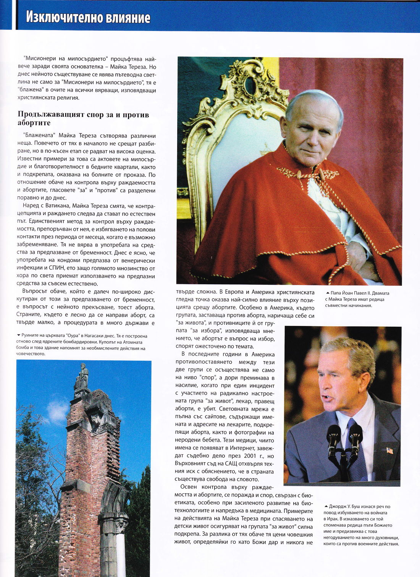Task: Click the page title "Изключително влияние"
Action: (88, 18)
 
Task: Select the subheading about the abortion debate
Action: (83, 118)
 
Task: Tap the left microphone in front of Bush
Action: (333, 436)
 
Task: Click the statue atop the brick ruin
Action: (82, 376)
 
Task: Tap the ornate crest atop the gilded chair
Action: (250, 82)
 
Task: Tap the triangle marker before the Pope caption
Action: (328, 293)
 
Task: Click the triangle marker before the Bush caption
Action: (326, 506)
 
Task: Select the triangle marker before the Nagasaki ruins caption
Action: (19, 335)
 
